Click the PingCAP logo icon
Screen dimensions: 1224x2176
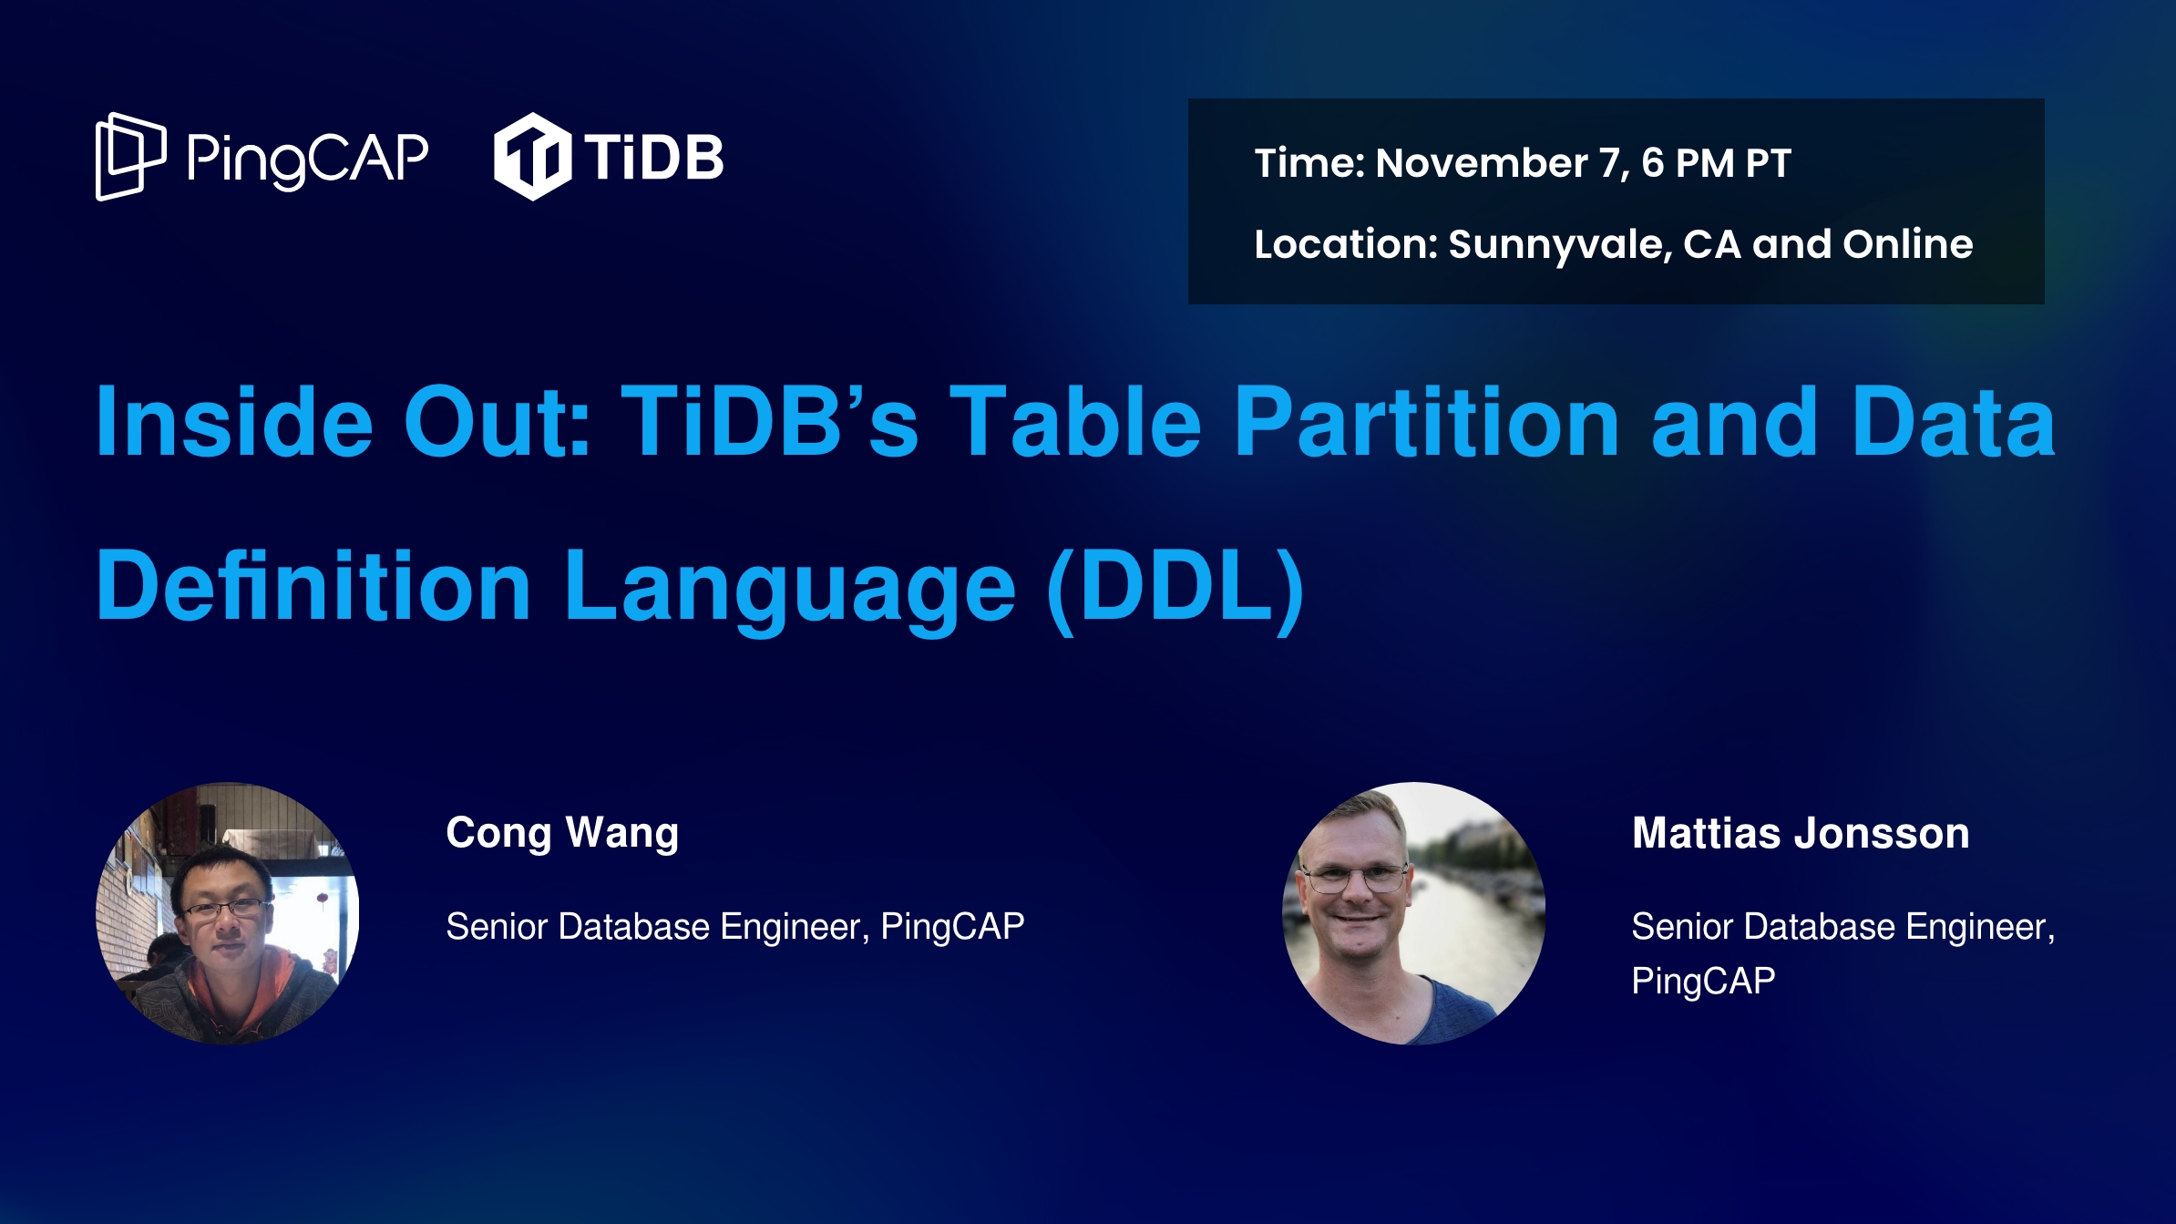point(130,156)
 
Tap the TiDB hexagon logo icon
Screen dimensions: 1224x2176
point(532,157)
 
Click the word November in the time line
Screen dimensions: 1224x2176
point(1481,163)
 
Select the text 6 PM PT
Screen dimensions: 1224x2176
point(1716,163)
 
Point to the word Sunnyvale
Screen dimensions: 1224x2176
point(1560,244)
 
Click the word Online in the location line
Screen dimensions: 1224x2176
point(1907,243)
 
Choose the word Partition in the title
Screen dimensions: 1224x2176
point(1426,421)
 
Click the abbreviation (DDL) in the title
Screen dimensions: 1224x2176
point(1175,586)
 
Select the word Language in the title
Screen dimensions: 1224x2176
point(789,586)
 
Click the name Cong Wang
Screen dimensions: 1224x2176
point(562,833)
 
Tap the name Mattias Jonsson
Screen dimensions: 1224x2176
point(1801,833)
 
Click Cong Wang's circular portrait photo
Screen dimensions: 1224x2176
point(228,913)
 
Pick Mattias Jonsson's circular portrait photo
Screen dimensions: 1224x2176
point(1413,913)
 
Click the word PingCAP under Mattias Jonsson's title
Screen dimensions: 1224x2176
point(1703,982)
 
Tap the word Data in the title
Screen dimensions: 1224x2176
point(1954,421)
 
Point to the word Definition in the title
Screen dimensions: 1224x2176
point(313,586)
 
